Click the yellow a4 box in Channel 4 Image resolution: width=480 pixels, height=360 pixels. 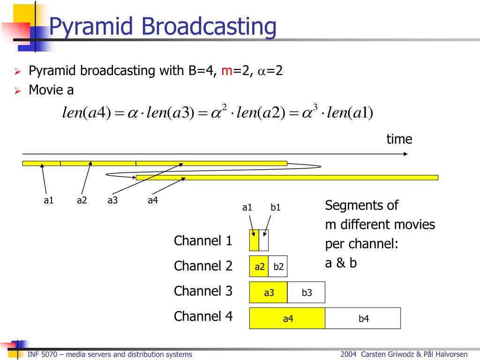(287, 318)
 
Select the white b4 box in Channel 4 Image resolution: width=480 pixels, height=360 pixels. (363, 318)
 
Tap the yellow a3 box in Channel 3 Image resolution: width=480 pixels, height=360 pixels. (269, 292)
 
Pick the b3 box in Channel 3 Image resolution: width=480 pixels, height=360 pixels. (307, 292)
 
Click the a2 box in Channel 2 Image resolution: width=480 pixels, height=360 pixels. (259, 267)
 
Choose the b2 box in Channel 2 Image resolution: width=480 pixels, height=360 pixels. (278, 267)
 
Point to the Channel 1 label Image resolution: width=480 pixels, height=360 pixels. (203, 241)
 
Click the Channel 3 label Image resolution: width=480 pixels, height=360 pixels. (203, 291)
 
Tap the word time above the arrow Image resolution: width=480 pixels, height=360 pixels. (399, 139)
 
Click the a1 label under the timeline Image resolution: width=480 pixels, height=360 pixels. (49, 201)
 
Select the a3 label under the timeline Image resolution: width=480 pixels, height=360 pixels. (112, 201)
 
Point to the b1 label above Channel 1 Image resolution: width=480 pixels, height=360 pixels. (276, 207)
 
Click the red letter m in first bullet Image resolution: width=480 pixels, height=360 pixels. (227, 71)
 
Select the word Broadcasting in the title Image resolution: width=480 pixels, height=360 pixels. (209, 26)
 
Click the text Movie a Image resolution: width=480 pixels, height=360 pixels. (51, 90)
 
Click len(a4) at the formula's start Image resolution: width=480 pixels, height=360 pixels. (86, 113)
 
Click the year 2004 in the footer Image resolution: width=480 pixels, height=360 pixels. (349, 354)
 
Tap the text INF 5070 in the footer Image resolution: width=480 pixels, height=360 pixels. (42, 354)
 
